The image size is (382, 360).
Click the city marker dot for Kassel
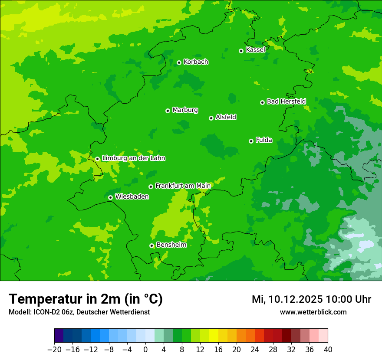pyautogui.click(x=241, y=51)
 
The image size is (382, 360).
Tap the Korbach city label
pyautogui.click(x=196, y=62)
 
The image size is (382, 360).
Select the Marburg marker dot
pyautogui.click(x=168, y=111)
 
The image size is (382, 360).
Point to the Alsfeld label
pyautogui.click(x=226, y=117)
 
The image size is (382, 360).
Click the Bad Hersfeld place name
pyautogui.click(x=286, y=101)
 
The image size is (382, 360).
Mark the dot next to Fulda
pyautogui.click(x=251, y=141)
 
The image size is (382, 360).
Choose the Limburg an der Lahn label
pyautogui.click(x=133, y=158)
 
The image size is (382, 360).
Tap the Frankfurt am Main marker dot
pyautogui.click(x=151, y=187)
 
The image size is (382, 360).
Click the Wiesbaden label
pyautogui.click(x=132, y=197)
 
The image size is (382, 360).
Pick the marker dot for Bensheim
pyautogui.click(x=151, y=245)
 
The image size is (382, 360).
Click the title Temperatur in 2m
pyautogui.click(x=86, y=299)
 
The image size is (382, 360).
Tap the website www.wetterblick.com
pyautogui.click(x=313, y=312)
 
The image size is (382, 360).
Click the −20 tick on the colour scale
pyautogui.click(x=54, y=350)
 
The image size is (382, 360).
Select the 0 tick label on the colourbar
pyautogui.click(x=145, y=350)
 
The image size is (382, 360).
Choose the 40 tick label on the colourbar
pyautogui.click(x=328, y=350)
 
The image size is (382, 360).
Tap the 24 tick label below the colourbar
pyautogui.click(x=255, y=350)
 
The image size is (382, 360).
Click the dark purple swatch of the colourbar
pyautogui.click(x=59, y=336)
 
